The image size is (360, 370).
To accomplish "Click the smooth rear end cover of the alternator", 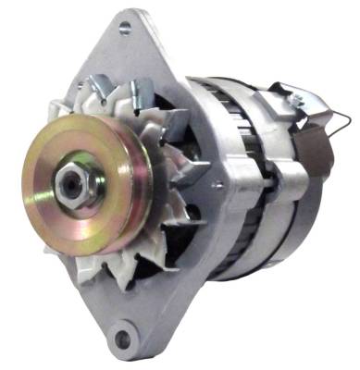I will (x=310, y=203).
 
